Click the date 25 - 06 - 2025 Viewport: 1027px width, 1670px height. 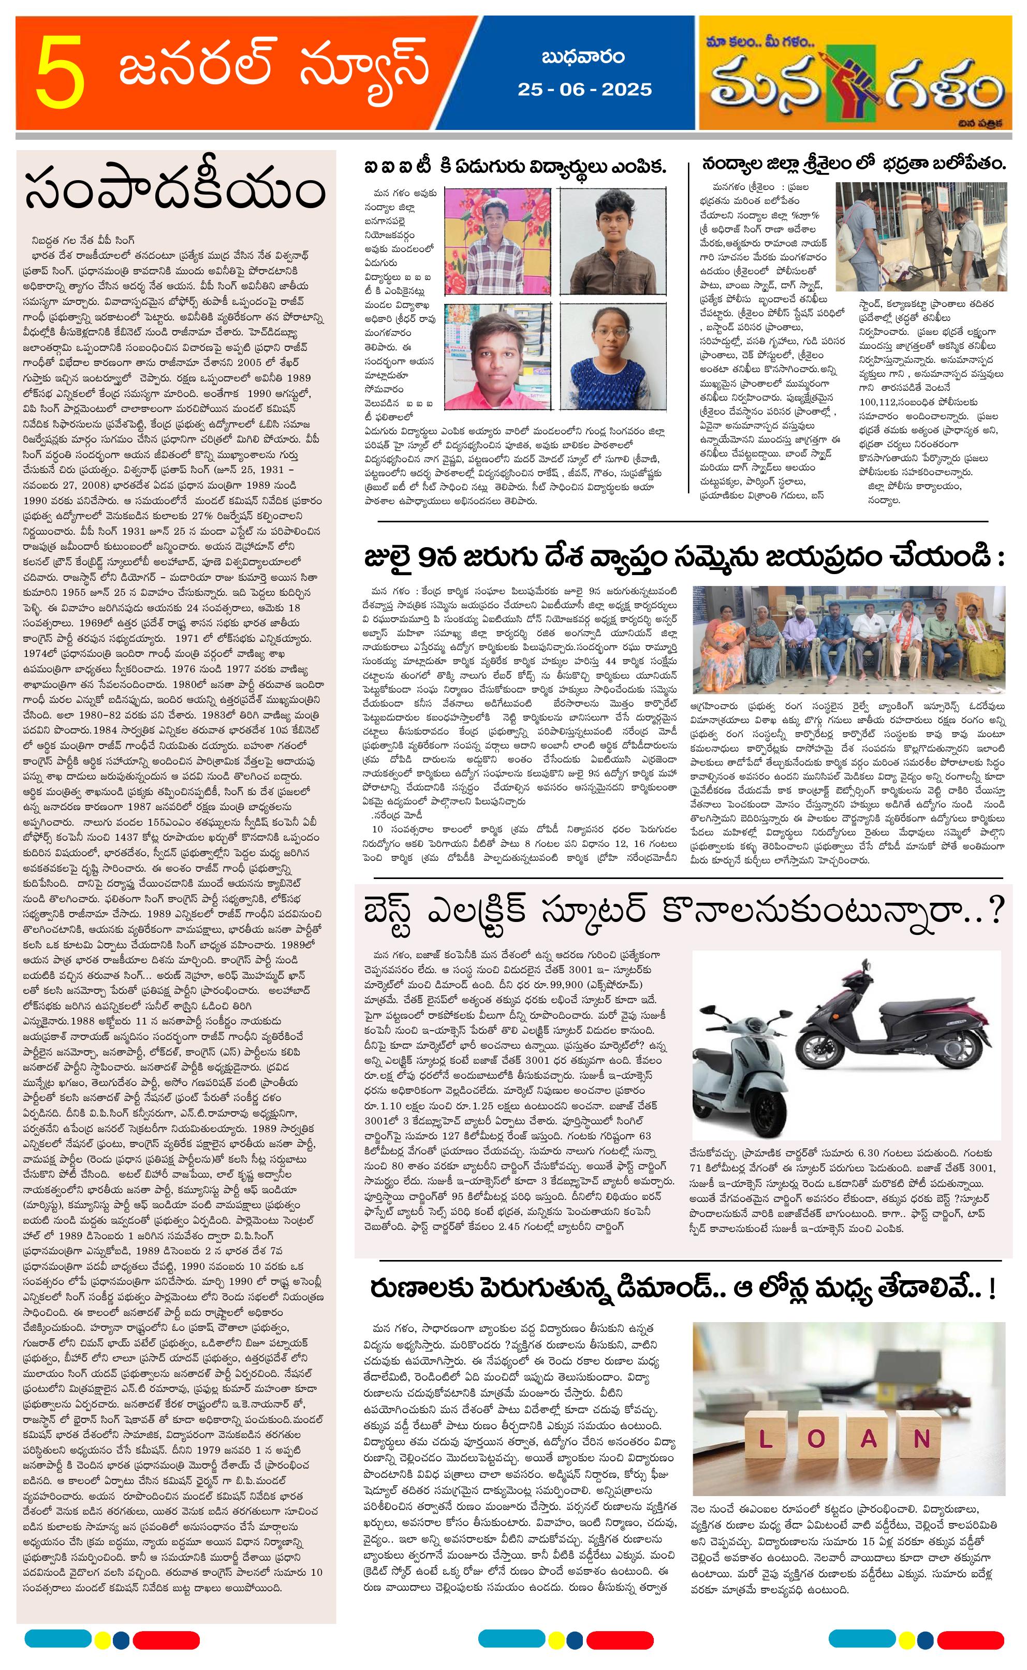[584, 90]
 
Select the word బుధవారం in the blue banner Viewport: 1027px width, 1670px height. [583, 57]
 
